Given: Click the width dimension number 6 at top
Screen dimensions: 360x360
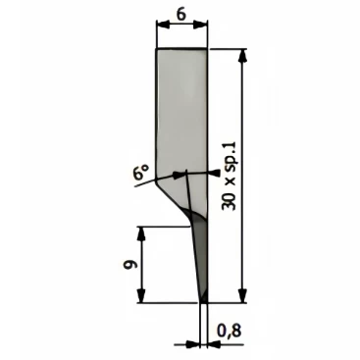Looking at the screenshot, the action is tap(182, 15).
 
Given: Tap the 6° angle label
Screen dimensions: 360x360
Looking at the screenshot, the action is tap(140, 172).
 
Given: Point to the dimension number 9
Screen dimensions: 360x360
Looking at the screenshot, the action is tap(128, 265).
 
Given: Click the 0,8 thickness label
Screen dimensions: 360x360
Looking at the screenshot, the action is tap(230, 331).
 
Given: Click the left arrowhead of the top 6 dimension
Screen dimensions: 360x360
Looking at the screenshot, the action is tap(163, 24).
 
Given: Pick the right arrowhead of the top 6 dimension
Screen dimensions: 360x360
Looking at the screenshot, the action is tap(201, 24).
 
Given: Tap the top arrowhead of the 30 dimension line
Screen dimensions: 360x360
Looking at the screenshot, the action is tap(242, 56).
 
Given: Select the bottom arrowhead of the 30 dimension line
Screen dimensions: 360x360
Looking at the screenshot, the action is tap(242, 296).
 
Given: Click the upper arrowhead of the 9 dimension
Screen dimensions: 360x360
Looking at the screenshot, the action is tap(141, 232).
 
